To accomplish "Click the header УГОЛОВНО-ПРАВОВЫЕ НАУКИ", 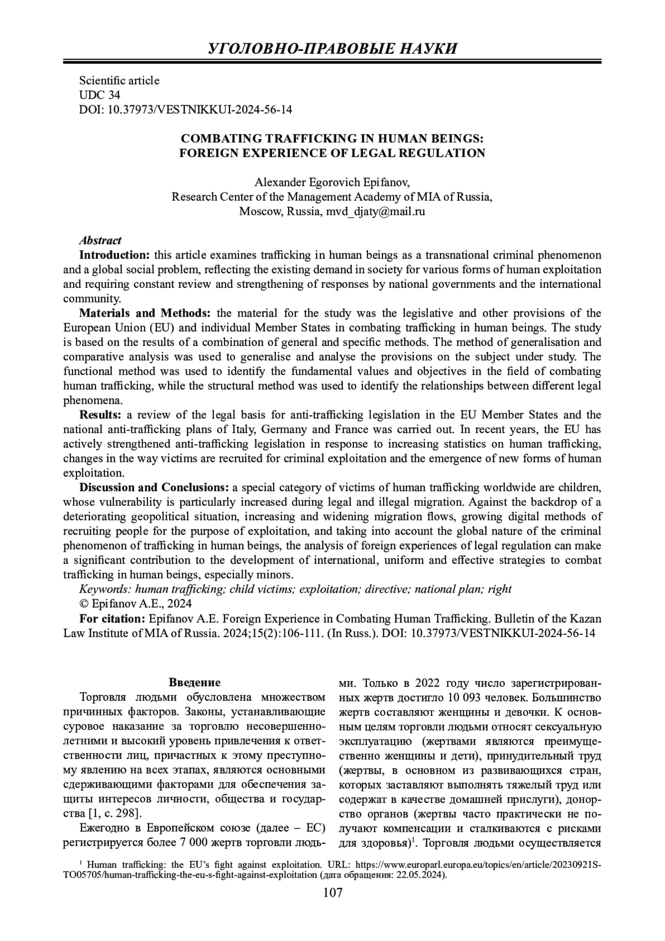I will click(332, 48).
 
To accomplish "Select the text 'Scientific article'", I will click(119, 80).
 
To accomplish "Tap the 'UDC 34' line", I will click(100, 95).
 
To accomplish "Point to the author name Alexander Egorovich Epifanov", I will click(332, 182).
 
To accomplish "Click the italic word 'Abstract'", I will click(100, 241).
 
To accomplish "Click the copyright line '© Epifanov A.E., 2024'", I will click(136, 603).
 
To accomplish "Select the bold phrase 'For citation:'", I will click(112, 618).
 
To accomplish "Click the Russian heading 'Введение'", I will click(195, 682).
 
